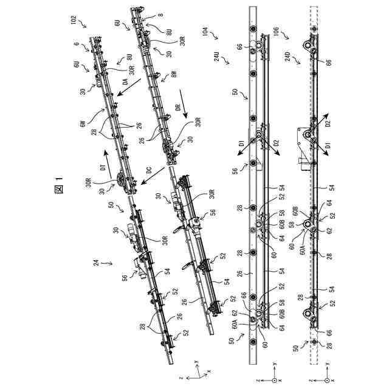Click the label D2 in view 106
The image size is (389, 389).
click(x=328, y=125)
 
